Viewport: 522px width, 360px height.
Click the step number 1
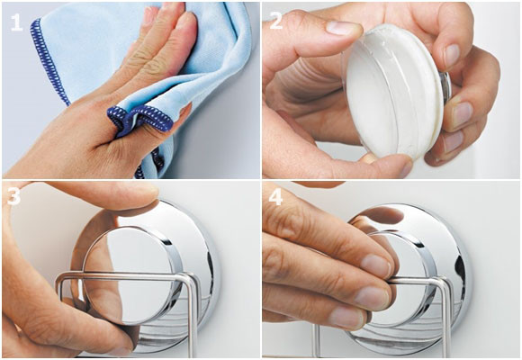click(16, 22)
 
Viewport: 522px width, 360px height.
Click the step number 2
click(276, 21)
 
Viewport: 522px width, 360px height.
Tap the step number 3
click(13, 196)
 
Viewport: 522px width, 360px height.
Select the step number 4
click(275, 197)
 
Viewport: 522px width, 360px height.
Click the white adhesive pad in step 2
click(395, 93)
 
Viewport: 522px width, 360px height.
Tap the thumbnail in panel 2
click(343, 28)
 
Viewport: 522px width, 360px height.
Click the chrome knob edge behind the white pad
click(445, 85)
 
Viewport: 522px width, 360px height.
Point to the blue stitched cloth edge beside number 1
click(49, 61)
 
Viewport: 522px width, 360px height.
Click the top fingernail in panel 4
click(375, 265)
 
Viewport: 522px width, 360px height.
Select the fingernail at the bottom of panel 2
click(406, 168)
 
